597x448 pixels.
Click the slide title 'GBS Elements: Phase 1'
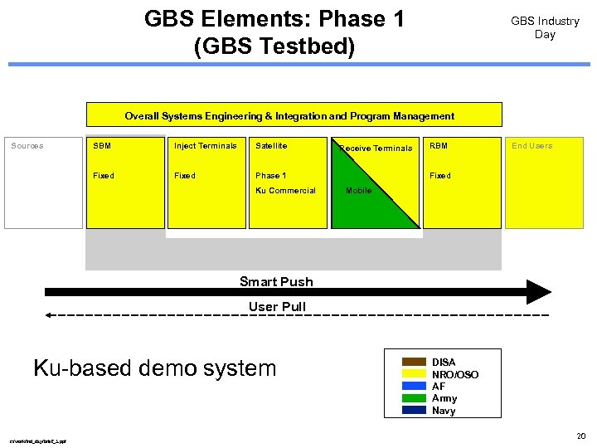[274, 19]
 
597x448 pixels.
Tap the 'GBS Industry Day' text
[545, 27]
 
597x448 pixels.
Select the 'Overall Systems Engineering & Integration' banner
[289, 116]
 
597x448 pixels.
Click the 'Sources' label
[27, 146]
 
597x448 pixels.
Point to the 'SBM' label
[102, 146]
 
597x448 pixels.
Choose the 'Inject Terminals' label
[205, 146]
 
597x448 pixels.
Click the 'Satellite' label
[271, 146]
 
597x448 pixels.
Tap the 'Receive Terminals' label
[376, 149]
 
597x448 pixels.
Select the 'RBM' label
[438, 146]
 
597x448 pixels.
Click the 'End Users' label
[531, 146]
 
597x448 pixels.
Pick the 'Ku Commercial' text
[285, 191]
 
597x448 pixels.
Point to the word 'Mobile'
[358, 191]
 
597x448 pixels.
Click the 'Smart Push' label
[276, 281]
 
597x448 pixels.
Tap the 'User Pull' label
[277, 307]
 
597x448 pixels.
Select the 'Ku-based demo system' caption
[154, 368]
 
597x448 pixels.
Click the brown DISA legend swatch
[415, 362]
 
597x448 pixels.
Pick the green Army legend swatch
[415, 397]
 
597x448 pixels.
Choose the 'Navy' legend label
[444, 411]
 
